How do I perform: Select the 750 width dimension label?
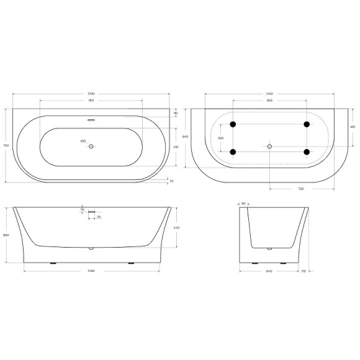6,145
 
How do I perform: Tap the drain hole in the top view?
91,146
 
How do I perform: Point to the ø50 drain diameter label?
83,142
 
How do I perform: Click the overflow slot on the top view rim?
91,120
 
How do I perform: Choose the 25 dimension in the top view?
171,181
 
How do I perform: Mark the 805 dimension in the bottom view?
269,99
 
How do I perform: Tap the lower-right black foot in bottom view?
307,151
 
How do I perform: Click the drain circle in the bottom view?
269,146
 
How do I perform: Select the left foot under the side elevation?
52,263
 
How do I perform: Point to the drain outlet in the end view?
269,249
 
